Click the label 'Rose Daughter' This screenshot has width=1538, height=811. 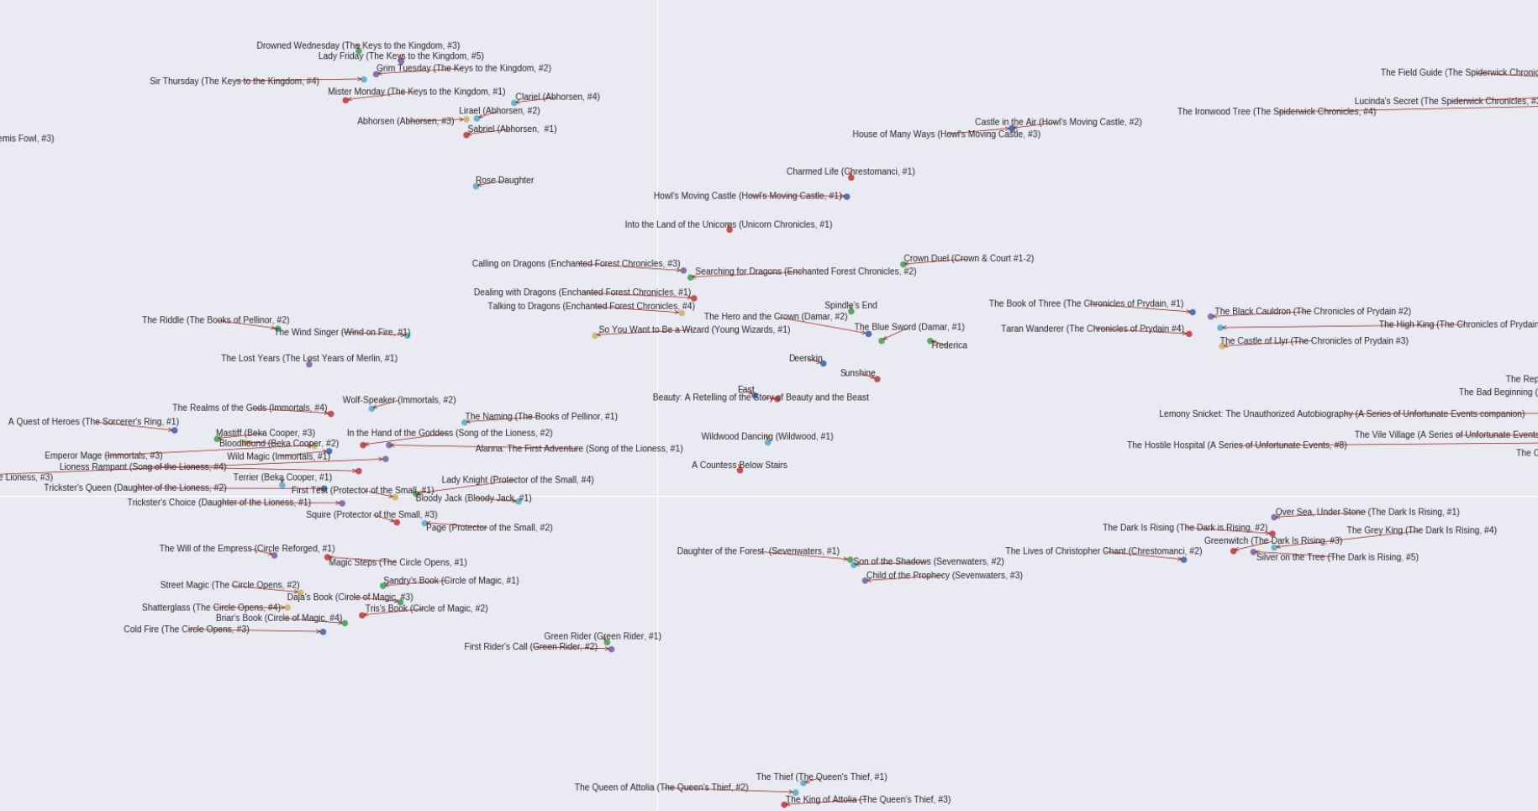click(x=504, y=180)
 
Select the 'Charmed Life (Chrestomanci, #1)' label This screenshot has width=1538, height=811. click(x=851, y=171)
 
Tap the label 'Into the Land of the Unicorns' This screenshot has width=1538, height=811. click(x=728, y=224)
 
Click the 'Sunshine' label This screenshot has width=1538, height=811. click(x=857, y=373)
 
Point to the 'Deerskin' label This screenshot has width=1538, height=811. click(x=805, y=358)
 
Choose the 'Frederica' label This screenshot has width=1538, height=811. click(x=949, y=345)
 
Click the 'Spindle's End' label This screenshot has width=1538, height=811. click(x=851, y=305)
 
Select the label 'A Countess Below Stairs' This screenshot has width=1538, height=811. click(x=740, y=465)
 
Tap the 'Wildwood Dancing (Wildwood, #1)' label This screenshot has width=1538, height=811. click(x=767, y=436)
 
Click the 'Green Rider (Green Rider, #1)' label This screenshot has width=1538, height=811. click(x=603, y=636)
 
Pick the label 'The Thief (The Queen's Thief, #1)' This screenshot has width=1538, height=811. click(x=821, y=777)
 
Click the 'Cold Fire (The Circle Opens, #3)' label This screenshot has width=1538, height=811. click(x=187, y=629)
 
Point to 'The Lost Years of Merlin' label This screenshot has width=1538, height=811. click(x=309, y=358)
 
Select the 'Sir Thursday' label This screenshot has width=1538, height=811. click(x=234, y=82)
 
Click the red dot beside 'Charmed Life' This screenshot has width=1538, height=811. click(x=851, y=177)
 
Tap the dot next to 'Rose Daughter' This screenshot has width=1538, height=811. click(x=476, y=186)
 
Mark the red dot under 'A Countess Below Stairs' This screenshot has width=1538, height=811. click(x=740, y=471)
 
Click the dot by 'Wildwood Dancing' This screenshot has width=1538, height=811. click(x=767, y=442)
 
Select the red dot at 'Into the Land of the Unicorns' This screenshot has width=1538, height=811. click(x=729, y=229)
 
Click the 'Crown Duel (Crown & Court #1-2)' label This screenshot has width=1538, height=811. click(x=968, y=259)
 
